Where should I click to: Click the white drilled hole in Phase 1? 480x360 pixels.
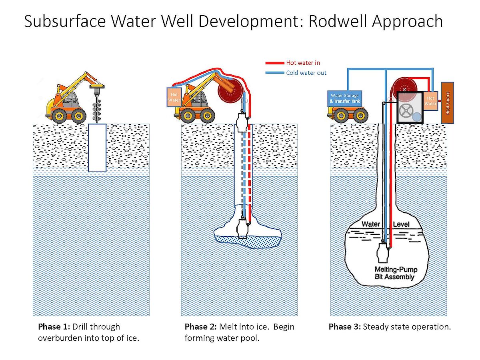click(97, 148)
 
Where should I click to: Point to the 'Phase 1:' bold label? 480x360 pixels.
click(54, 327)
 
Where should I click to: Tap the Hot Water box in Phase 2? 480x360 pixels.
click(174, 97)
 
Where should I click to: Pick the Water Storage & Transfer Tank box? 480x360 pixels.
click(345, 98)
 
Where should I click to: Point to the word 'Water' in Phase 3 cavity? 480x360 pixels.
click(371, 224)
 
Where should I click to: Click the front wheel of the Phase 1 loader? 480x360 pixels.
click(78, 116)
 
